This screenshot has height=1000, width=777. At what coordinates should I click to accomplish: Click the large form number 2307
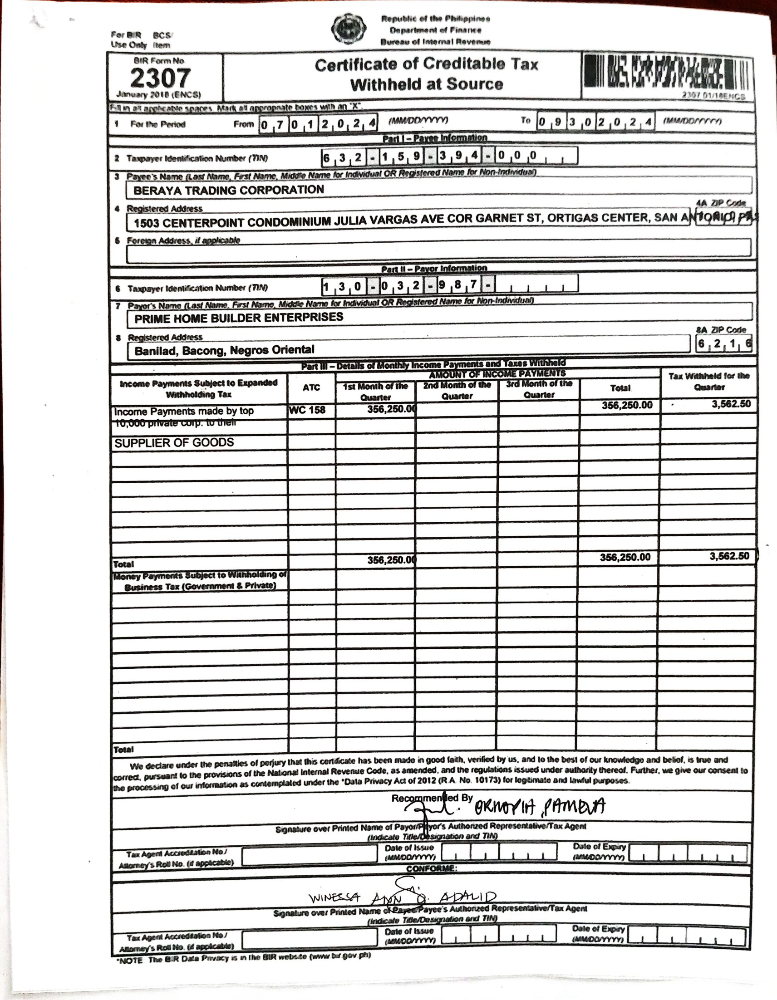160,78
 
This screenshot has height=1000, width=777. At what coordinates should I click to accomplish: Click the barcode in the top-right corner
667,74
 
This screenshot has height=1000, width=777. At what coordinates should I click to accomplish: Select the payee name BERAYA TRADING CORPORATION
229,190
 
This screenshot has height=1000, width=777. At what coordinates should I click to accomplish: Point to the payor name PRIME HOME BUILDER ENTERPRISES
239,317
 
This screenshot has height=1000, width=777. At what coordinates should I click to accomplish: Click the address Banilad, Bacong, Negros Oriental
224,350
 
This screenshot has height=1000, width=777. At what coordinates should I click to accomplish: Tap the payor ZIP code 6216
724,344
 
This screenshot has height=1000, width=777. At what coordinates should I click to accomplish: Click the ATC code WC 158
307,410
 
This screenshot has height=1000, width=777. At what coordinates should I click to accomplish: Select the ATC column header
311,387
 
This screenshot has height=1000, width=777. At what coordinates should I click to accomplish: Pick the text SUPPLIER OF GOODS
174,442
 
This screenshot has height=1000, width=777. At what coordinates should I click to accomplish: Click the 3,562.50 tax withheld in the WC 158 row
730,404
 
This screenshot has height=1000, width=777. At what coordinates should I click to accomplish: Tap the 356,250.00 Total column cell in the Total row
625,557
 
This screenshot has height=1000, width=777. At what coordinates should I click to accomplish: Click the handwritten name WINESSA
334,897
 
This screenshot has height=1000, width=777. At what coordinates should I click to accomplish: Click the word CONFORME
431,868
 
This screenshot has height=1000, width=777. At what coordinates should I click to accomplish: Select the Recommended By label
432,798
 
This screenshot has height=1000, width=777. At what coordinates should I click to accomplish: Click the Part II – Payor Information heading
434,268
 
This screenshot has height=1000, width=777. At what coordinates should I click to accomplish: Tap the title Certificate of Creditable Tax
426,64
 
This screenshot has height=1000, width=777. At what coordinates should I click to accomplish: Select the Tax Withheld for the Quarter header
709,382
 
